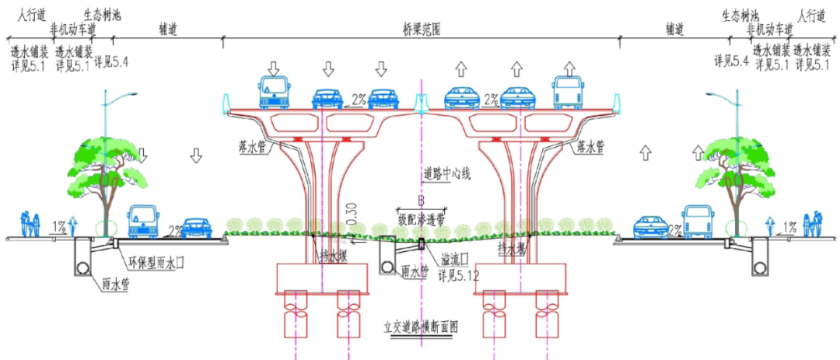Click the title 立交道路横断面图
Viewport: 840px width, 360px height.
(420, 327)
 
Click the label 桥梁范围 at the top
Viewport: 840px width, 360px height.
(421, 27)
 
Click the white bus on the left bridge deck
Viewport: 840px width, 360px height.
(272, 94)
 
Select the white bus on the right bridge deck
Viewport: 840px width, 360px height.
(568, 93)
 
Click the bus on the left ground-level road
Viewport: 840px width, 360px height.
(143, 222)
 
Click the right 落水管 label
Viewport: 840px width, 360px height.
(592, 145)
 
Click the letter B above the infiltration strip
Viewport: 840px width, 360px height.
(420, 199)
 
